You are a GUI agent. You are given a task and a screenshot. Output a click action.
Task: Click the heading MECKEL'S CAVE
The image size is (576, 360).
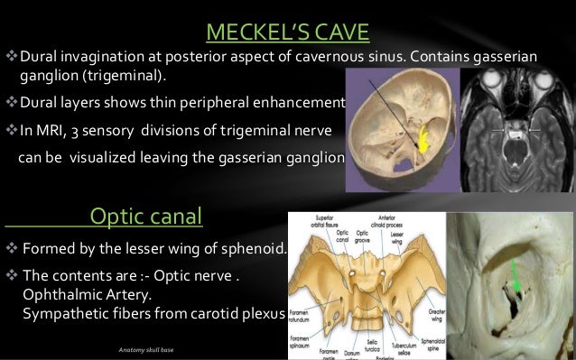click(287, 32)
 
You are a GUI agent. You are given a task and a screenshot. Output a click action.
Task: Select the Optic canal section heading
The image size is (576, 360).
click(147, 216)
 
